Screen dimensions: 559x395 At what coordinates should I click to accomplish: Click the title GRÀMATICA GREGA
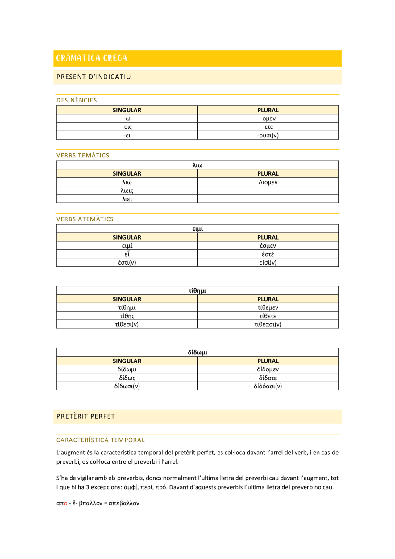click(x=91, y=58)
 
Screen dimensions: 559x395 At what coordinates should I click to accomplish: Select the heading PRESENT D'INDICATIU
click(x=94, y=77)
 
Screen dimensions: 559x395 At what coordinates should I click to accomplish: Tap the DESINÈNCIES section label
click(x=77, y=100)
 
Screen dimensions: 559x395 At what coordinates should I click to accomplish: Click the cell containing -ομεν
click(x=268, y=119)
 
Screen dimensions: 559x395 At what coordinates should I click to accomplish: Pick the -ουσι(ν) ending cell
click(x=268, y=135)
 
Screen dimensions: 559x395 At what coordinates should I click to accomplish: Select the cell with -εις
click(x=127, y=127)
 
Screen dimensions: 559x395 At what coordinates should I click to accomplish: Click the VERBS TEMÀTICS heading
click(x=83, y=156)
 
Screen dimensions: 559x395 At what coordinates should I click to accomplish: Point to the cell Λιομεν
click(x=268, y=182)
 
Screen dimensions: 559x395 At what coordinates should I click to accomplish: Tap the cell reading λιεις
click(x=127, y=191)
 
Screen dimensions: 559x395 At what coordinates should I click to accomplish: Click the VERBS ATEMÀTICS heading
click(x=85, y=219)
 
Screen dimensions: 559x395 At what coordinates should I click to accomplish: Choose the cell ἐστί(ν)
click(x=127, y=263)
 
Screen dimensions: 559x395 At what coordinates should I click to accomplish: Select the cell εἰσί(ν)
click(x=268, y=263)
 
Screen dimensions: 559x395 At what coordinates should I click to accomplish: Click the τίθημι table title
click(x=197, y=290)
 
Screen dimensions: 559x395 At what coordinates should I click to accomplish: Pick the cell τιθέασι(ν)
click(x=268, y=324)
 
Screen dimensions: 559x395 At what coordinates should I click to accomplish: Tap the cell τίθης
click(x=127, y=316)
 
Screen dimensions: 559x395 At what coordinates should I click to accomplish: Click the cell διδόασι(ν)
click(x=268, y=386)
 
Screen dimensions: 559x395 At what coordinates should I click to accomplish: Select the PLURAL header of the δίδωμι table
click(x=268, y=361)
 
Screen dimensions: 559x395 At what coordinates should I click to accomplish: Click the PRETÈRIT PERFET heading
click(x=85, y=416)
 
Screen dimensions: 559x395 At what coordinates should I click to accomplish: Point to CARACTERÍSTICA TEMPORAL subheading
click(x=100, y=440)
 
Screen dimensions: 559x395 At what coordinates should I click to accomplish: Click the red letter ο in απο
click(x=66, y=503)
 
